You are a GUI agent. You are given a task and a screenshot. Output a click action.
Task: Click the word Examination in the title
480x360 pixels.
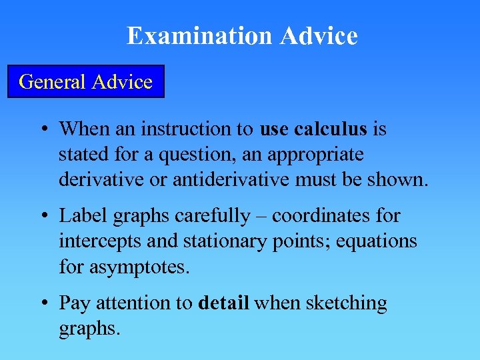200,36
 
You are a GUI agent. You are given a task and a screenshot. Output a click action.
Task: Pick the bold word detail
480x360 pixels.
224,303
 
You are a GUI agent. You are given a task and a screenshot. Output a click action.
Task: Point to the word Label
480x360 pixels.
78,216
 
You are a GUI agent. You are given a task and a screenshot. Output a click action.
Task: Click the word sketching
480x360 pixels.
347,303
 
